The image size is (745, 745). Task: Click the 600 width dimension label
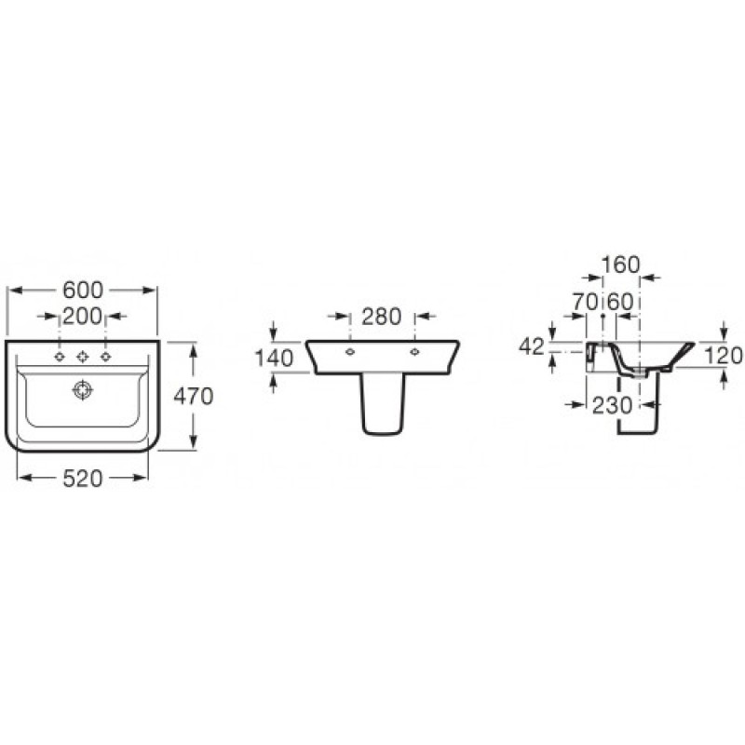pos(83,290)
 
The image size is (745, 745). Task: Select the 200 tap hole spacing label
pos(82,316)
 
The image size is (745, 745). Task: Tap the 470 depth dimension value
pos(194,396)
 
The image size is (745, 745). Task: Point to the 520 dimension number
pos(83,478)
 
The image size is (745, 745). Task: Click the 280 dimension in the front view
pos(382,317)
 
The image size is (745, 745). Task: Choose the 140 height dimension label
pos(274,358)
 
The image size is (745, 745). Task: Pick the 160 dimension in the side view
pos(621,264)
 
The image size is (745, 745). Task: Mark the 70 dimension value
pos(585,302)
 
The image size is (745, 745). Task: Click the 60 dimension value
pos(621,302)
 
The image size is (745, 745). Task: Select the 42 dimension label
pos(531,346)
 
